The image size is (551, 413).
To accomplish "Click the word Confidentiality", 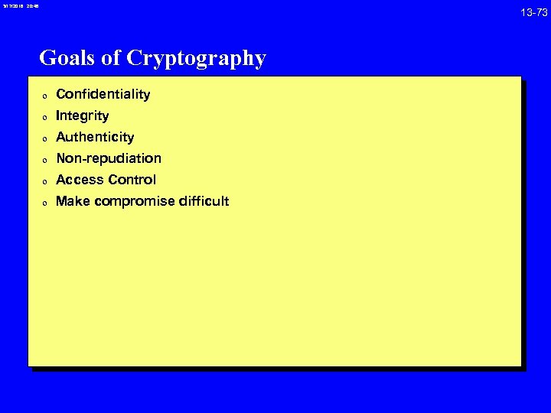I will [103, 94].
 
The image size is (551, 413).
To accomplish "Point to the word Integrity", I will [83, 116].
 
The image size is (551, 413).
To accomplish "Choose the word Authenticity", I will [95, 138].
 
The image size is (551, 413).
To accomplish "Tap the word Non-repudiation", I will [109, 158].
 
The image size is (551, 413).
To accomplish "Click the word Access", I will [79, 180].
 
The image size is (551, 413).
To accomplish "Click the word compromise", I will [133, 202].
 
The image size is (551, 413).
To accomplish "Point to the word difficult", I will [204, 201].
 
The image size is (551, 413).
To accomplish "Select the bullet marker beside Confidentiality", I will [45, 96].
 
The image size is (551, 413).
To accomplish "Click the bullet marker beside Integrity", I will [45, 118].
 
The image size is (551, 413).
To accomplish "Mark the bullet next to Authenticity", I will [45, 139].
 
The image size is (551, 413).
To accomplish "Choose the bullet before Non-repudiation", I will [45, 161].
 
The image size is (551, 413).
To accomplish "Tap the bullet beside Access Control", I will [45, 182].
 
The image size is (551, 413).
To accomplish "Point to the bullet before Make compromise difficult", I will [45, 203].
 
